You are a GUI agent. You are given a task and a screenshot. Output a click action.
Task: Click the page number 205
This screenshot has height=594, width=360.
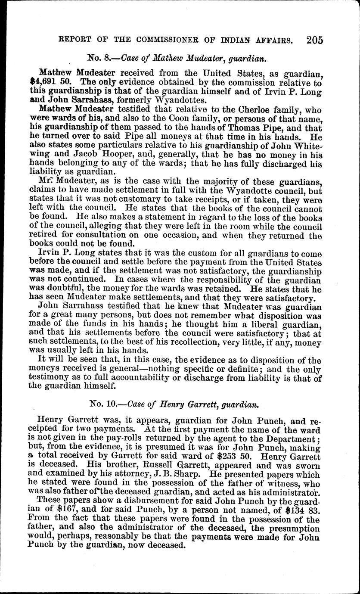(x=315, y=40)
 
